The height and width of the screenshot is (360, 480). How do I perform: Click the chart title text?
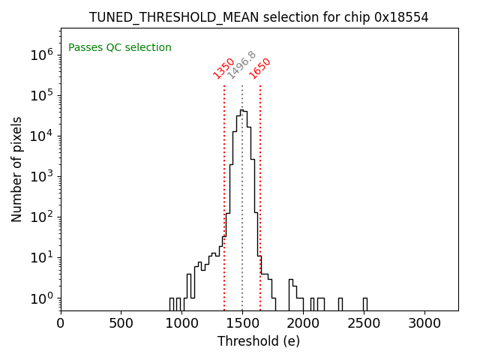(x=259, y=17)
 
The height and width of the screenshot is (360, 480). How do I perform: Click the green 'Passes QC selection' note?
(x=120, y=47)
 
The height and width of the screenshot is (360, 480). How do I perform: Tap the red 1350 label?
(x=223, y=67)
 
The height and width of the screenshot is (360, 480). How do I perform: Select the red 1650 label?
(x=259, y=67)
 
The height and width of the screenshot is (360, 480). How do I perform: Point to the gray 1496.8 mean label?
(x=241, y=65)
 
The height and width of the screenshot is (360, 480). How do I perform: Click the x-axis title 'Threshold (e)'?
(x=259, y=341)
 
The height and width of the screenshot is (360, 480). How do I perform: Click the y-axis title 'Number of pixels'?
(x=17, y=169)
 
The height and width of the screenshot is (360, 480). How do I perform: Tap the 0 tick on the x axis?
(x=61, y=323)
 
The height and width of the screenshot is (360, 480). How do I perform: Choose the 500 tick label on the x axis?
(x=121, y=323)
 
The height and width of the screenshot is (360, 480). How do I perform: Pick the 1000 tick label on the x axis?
(x=182, y=323)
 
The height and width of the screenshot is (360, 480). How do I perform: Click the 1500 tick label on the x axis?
(x=242, y=323)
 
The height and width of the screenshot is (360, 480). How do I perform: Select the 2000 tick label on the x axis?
(x=303, y=323)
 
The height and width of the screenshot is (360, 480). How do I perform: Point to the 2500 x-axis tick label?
(x=364, y=323)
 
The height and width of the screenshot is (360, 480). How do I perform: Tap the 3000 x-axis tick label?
(x=424, y=323)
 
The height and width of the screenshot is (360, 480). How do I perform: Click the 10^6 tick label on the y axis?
(x=40, y=54)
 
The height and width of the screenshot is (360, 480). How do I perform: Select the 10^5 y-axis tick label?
(x=40, y=94)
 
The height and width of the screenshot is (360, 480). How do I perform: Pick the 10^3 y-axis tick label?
(x=40, y=176)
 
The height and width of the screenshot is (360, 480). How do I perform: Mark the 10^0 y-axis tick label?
(x=40, y=298)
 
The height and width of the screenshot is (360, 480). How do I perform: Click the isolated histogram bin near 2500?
(x=364, y=304)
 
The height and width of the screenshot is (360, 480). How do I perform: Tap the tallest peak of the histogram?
(x=241, y=110)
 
